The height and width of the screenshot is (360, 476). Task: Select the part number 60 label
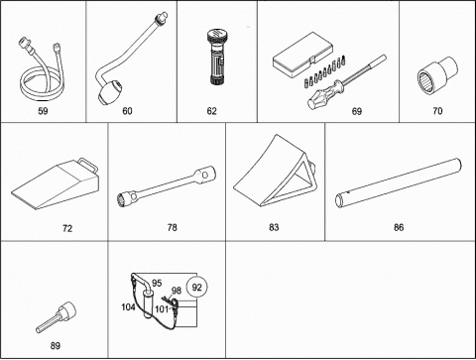pos(127,111)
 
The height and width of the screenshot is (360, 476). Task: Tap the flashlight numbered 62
pos(217,57)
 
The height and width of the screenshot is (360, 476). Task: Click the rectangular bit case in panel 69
pos(303,56)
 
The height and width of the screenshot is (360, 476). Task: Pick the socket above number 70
pos(437,75)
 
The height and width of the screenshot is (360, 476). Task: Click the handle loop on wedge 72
pos(88,166)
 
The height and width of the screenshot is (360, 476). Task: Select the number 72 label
pos(67,228)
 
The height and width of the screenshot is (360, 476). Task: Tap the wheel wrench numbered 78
pos(167,186)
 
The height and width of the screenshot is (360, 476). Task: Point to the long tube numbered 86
pos(399,182)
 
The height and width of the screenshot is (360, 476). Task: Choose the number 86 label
pos(399,227)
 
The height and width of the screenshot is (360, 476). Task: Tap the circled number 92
pos(196,287)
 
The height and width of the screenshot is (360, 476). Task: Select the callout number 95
pos(157,283)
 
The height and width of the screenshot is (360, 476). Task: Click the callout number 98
pos(177,291)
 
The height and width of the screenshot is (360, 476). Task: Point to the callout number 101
pos(162,309)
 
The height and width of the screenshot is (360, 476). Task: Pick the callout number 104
pos(128,307)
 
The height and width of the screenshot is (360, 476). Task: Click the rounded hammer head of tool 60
pos(110,91)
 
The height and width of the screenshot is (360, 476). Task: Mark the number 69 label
pos(357,111)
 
